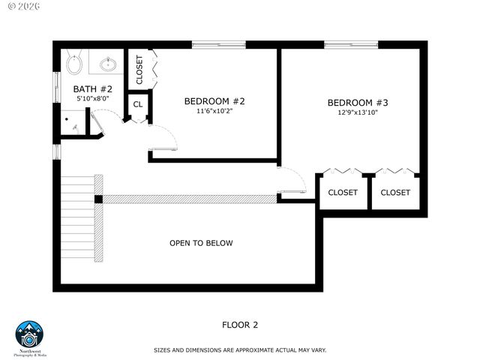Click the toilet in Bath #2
[73, 63]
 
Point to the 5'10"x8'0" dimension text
[92, 98]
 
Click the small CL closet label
[138, 104]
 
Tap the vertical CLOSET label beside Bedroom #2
[139, 70]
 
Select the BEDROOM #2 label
[215, 101]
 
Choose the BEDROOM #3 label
[357, 103]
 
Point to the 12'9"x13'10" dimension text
[357, 113]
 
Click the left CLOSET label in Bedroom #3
[343, 193]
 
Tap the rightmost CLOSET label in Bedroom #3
[395, 193]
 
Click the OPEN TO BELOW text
[201, 243]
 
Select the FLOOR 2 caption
[240, 325]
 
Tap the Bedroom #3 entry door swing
[294, 182]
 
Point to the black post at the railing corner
[98, 199]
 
